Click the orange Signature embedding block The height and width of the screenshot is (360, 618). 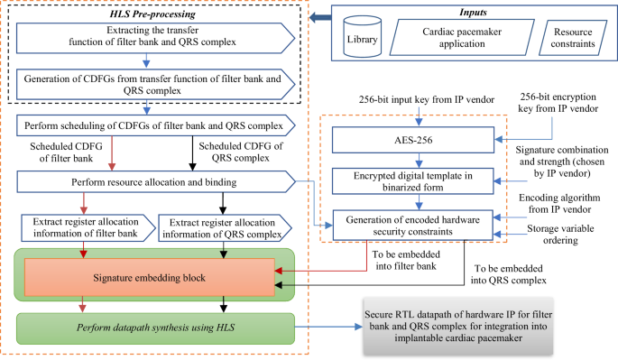click(x=147, y=274)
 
